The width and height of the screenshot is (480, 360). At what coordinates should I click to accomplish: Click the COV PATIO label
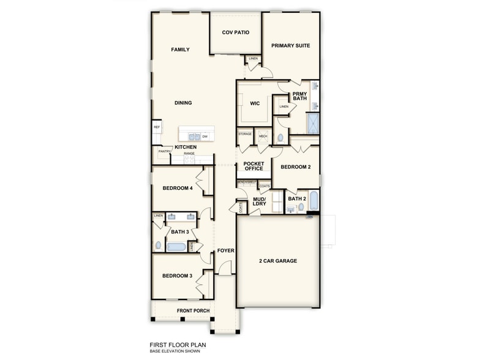(x=236, y=32)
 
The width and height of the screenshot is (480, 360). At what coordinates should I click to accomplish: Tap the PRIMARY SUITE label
(x=291, y=45)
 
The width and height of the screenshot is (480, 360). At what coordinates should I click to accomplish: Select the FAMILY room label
(x=180, y=50)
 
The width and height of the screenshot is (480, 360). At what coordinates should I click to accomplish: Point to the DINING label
(x=183, y=103)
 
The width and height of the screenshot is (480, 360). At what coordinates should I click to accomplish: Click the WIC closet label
(x=255, y=103)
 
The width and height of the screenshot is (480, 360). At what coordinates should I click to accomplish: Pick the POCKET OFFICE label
(x=253, y=166)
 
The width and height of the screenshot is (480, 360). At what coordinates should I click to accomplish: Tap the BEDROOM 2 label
(x=296, y=167)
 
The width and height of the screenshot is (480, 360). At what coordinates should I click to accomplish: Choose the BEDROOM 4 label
(x=178, y=189)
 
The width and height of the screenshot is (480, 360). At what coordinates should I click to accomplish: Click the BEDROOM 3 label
(x=178, y=276)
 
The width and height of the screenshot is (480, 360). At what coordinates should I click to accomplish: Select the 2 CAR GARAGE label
(x=277, y=261)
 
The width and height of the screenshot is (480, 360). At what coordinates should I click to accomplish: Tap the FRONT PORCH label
(x=193, y=311)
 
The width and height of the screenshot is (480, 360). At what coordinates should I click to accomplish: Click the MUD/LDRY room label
(x=259, y=201)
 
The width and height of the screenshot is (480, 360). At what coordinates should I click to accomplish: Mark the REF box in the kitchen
(x=157, y=127)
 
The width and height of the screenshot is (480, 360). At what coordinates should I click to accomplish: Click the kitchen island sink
(x=193, y=137)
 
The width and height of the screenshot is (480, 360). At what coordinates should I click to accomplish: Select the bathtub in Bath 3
(x=176, y=247)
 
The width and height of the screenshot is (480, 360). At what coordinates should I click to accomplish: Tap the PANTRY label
(x=163, y=151)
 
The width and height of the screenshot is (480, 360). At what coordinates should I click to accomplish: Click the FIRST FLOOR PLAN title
(x=178, y=345)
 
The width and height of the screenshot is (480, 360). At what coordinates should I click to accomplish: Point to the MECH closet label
(x=263, y=136)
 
